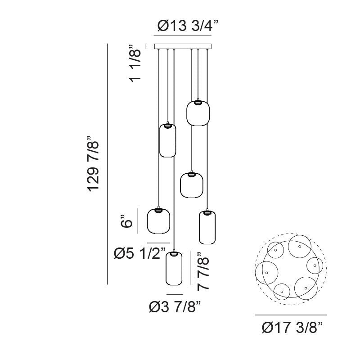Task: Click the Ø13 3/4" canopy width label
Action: (188, 26)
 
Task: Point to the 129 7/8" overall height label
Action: (93, 164)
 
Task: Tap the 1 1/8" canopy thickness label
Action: (135, 63)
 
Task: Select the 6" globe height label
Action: (126, 221)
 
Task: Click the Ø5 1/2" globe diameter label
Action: (140, 253)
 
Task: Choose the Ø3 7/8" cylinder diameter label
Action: (175, 307)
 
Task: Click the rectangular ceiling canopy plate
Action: (183, 46)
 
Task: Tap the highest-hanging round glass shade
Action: (198, 113)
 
